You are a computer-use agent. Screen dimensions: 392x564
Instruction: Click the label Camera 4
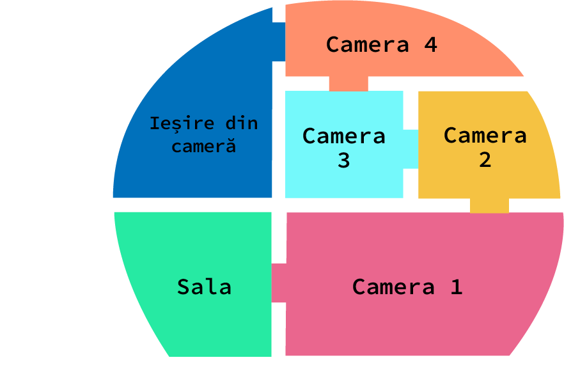coord(381,45)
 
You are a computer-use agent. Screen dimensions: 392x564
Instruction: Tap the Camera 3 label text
coord(344,148)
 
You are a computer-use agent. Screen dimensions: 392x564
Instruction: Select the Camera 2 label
coord(485,148)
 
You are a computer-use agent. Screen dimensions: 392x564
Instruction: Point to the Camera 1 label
coord(407,286)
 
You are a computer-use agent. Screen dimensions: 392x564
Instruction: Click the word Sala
coord(204,286)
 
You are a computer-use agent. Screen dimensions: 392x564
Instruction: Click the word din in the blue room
coord(242,123)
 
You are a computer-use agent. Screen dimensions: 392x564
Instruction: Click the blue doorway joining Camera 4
coord(278,42)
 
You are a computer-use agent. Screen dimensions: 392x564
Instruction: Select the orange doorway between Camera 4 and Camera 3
coord(349,84)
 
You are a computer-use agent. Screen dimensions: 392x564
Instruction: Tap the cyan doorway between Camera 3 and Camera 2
coord(411,148)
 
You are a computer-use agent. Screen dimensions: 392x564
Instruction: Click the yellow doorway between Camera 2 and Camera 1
coord(489,205)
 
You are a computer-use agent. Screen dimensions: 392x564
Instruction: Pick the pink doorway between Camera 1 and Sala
coord(279,283)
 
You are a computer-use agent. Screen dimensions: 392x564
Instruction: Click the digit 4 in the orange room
coord(430,45)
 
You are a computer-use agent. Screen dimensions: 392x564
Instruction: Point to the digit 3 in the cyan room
coord(344,160)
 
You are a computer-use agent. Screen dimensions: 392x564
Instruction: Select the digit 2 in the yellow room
coord(485,160)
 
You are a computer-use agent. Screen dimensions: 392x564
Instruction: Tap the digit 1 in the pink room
coord(456,286)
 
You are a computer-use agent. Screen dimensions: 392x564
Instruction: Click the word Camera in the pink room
coord(393,286)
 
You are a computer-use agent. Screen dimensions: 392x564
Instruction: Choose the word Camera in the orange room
coord(367,45)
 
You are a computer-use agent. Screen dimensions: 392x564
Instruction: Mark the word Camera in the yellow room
coord(485,136)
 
